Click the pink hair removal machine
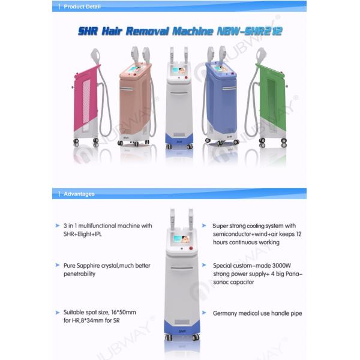pos(86,99)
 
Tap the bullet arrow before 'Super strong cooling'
pos(208,226)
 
